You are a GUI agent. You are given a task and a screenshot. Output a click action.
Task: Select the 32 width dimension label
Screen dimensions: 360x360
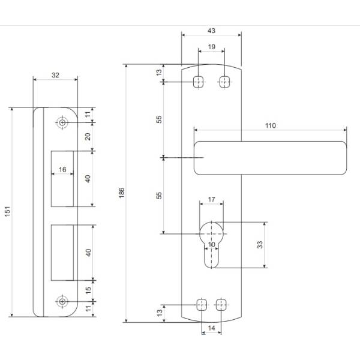[x=55, y=76]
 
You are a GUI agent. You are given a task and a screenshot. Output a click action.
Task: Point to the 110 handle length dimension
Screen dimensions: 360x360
[x=269, y=126]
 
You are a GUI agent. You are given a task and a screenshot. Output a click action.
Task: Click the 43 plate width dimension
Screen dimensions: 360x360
[x=211, y=30]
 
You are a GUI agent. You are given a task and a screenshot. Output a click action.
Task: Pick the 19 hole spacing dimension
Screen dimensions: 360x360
[x=212, y=47]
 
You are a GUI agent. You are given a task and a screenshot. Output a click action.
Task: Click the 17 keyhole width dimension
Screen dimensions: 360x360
[x=211, y=199]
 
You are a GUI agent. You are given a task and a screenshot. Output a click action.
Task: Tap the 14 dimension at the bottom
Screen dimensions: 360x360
[x=211, y=329]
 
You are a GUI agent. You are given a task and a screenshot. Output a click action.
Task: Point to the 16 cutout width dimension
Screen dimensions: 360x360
[x=62, y=170]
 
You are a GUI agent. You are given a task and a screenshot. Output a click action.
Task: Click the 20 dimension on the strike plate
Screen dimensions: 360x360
[x=88, y=137]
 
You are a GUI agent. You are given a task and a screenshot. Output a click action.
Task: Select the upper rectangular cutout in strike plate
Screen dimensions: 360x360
[x=63, y=178]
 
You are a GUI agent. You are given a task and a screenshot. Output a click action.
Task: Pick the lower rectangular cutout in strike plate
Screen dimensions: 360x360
[x=63, y=252]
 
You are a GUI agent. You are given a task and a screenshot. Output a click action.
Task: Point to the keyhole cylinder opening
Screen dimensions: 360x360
[x=211, y=243]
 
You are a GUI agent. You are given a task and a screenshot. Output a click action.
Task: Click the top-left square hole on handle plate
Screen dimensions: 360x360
[x=198, y=82]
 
